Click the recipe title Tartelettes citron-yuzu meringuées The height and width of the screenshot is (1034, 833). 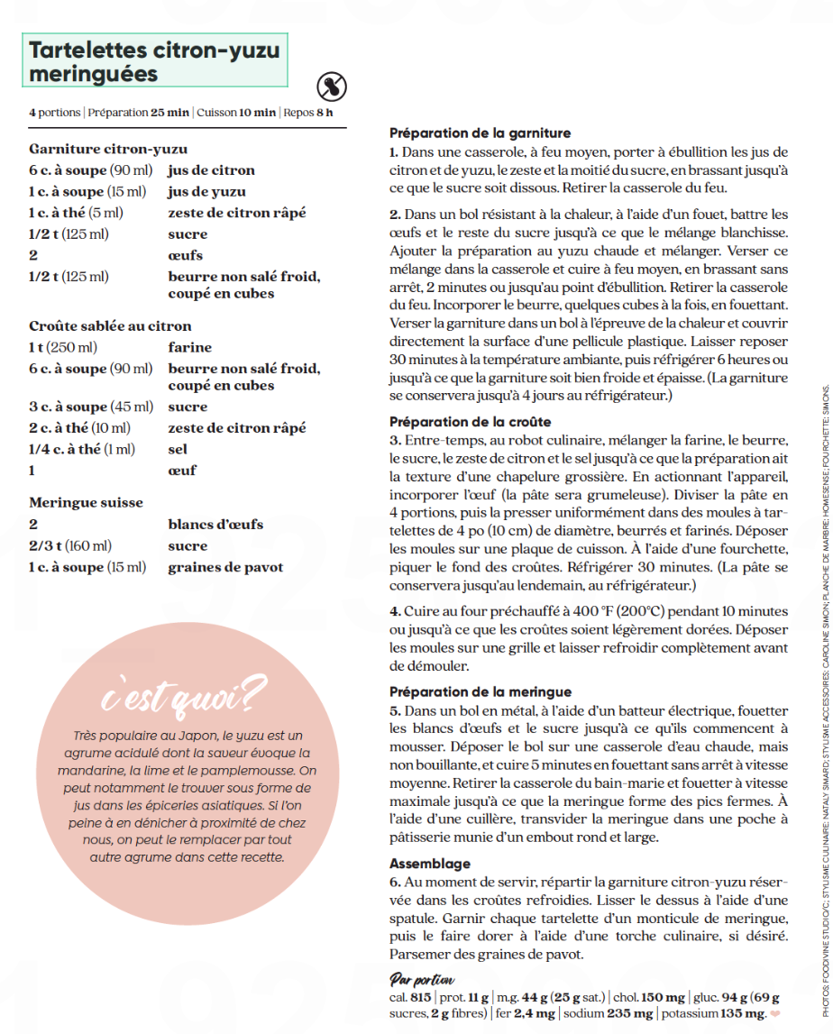coord(155,60)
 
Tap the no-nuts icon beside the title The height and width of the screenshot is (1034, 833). coord(333,87)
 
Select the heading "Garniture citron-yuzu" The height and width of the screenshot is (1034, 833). coord(108,149)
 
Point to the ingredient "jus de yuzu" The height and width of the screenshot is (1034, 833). coord(206,191)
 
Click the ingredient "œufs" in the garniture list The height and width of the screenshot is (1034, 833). coord(186,255)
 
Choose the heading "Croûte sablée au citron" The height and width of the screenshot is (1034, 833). coord(110,325)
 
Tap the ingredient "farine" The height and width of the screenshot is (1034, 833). coord(190,347)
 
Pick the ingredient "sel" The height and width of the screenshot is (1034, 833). coord(178,449)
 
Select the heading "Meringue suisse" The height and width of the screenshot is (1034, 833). coord(86,502)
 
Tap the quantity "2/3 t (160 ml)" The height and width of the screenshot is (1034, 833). coord(70,545)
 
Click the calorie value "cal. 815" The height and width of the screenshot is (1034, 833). coord(410,998)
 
